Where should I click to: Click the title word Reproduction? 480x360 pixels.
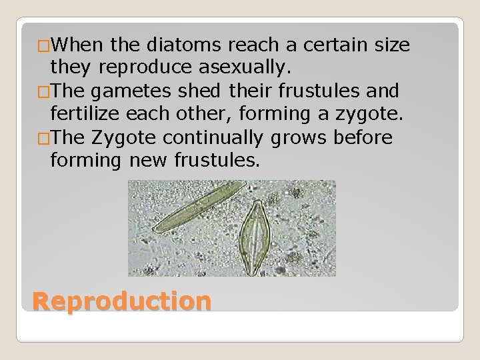point(122,302)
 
